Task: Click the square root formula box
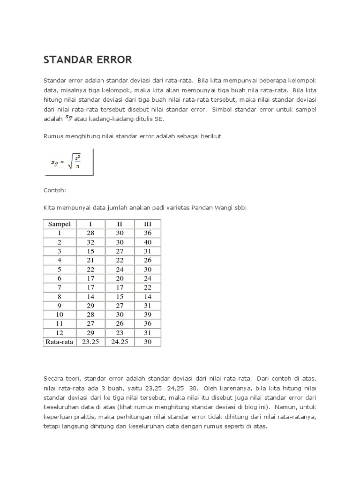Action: click(x=69, y=162)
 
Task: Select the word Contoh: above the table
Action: click(x=54, y=191)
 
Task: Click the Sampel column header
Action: click(x=59, y=224)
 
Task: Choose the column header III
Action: click(x=148, y=224)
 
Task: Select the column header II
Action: click(x=120, y=224)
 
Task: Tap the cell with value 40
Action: click(x=148, y=242)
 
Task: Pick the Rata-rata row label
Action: click(x=60, y=342)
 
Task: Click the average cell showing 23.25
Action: click(x=91, y=342)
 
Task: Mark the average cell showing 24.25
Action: click(x=120, y=342)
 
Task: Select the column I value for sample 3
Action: click(x=91, y=251)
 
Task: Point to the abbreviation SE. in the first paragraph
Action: click(x=159, y=119)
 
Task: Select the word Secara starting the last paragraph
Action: click(x=55, y=378)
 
